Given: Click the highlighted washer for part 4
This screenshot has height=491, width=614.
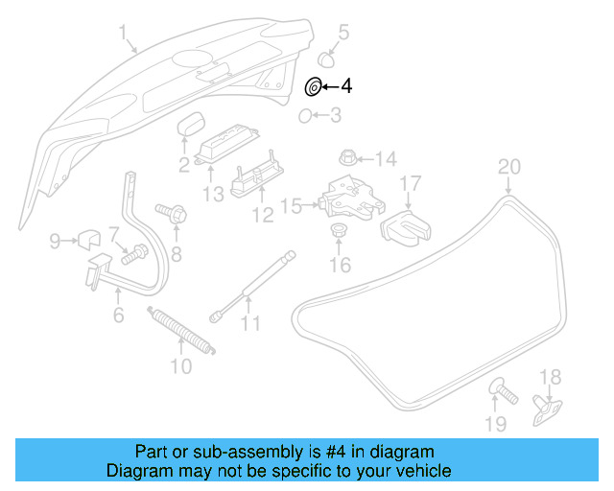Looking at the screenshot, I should point(313,87).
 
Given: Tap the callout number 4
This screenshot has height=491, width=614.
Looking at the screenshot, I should point(345,87).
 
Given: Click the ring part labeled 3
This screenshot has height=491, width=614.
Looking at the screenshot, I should point(304,117).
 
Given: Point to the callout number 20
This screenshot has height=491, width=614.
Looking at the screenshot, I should point(508,168).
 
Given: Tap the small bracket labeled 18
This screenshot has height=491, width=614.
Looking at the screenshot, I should point(547,409).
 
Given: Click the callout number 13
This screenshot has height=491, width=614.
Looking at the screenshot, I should point(212,194).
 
